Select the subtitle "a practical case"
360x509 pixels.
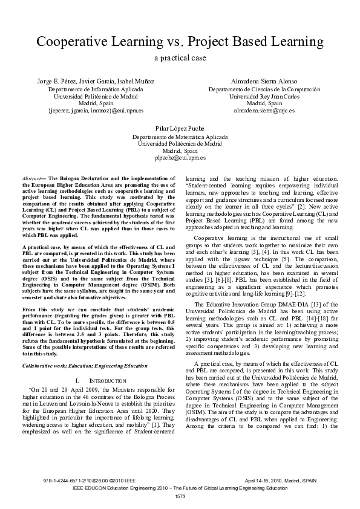[x=180, y=59]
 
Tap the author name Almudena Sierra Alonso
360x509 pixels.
[x=264, y=81]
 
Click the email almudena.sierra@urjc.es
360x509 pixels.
[x=264, y=111]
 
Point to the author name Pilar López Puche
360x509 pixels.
[x=180, y=128]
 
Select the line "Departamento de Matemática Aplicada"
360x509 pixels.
[x=180, y=137]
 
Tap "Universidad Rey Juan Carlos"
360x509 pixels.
[x=264, y=96]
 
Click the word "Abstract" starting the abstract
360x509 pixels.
[x=30, y=180]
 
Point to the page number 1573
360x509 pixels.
[x=180, y=497]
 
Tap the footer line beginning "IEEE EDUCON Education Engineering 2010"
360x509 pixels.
[x=180, y=487]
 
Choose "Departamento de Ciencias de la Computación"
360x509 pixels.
[x=264, y=89]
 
